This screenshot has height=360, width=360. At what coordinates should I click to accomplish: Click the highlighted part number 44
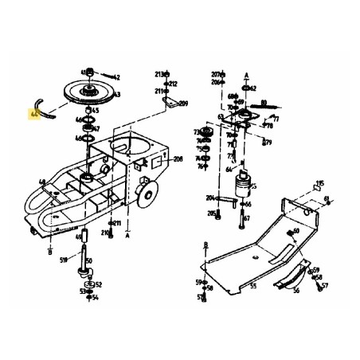tap(33, 115)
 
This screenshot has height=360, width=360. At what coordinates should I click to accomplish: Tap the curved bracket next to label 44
tap(44, 106)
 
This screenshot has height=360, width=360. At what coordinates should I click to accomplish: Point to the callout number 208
tap(177, 160)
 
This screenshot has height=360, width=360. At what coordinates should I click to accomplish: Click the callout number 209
tap(182, 104)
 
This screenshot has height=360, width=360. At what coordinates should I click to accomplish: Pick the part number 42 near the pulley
tap(116, 77)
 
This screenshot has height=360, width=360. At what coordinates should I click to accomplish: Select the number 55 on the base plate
tap(253, 285)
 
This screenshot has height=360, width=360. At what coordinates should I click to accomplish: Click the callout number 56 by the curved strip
tap(296, 292)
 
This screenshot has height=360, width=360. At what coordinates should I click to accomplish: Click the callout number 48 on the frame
tap(41, 183)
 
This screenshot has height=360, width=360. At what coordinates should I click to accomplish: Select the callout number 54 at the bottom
tap(95, 298)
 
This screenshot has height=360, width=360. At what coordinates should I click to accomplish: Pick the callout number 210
tap(104, 233)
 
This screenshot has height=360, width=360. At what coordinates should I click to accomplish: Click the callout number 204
tap(210, 198)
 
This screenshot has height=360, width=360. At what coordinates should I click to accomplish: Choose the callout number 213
tap(158, 72)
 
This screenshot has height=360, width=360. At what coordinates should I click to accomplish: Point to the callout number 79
tap(268, 143)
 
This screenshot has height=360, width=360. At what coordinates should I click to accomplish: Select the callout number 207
tap(214, 72)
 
